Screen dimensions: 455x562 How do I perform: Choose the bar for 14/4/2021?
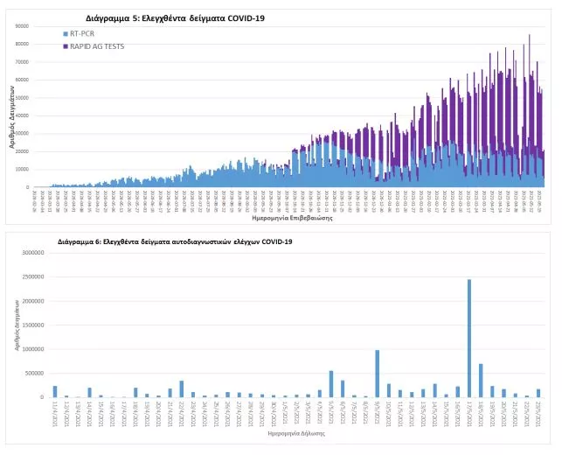tap(89, 393)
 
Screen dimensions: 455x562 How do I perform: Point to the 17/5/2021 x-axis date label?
tap(468, 413)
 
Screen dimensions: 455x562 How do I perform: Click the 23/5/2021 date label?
tap(538, 413)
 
